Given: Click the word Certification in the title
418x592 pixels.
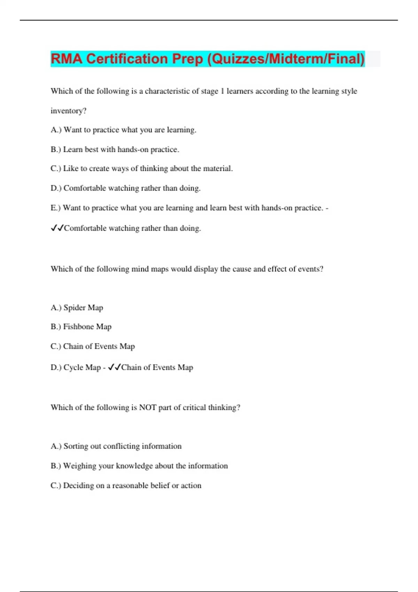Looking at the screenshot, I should [x=127, y=59].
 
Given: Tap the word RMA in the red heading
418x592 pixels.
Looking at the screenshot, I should [x=67, y=59].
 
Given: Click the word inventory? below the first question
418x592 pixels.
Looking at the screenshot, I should [x=68, y=111].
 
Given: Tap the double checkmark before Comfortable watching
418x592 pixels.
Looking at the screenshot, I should [x=57, y=228].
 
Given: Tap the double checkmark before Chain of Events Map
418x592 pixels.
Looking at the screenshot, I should [x=114, y=367].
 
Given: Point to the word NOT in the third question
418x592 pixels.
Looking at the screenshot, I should [x=148, y=407].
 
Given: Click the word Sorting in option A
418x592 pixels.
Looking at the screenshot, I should [x=76, y=446].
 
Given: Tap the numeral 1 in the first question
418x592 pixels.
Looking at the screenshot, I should [x=222, y=91].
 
